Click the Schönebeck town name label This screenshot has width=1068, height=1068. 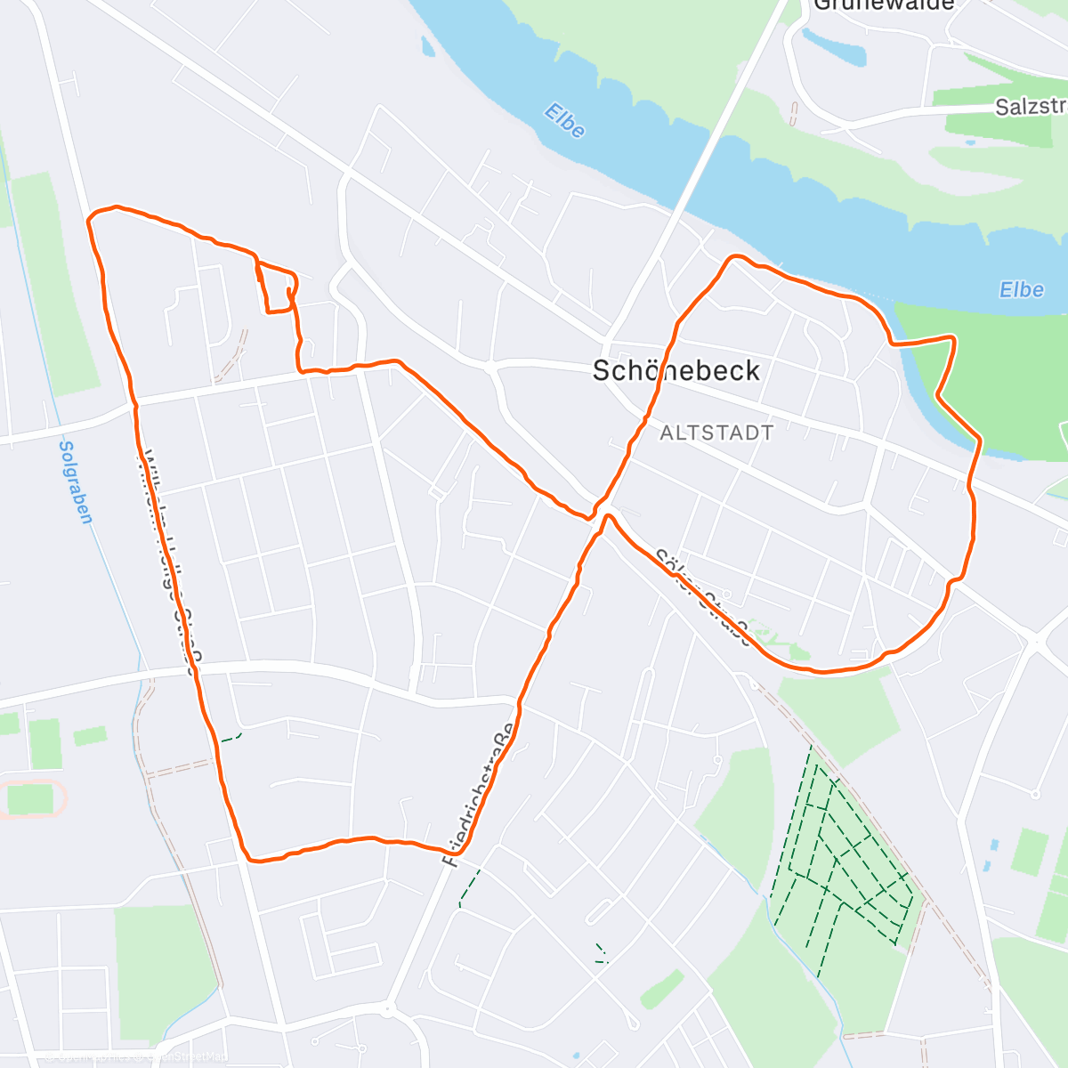pos(676,370)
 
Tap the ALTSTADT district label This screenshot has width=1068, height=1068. pos(716,433)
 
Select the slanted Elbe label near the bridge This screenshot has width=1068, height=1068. pos(565,122)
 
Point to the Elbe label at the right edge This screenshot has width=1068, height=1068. pos(1021,290)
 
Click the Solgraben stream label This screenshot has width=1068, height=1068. pos(75,481)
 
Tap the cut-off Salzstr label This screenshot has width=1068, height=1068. pos(1031,107)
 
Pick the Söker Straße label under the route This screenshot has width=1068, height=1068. pos(703,596)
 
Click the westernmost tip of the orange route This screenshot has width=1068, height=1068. pos(88,218)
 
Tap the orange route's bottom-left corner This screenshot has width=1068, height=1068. pos(252,860)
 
